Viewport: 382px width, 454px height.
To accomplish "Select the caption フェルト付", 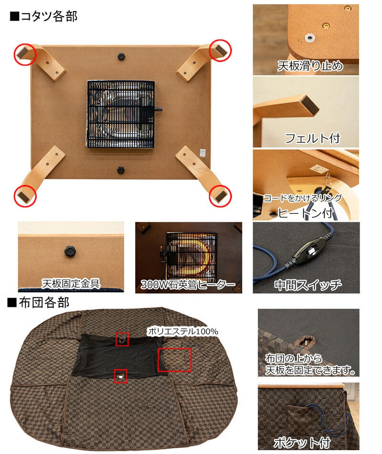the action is pyautogui.click(x=312, y=138).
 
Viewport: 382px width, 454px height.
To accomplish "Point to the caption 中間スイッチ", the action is pyautogui.click(x=308, y=285).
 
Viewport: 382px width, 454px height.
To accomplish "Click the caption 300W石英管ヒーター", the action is pyautogui.click(x=188, y=285).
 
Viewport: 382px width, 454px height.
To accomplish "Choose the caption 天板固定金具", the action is pyautogui.click(x=71, y=283).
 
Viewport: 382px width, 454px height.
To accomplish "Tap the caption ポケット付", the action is pyautogui.click(x=302, y=443).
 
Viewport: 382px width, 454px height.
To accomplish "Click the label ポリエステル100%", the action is pyautogui.click(x=182, y=331).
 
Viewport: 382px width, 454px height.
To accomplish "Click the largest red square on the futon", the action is pyautogui.click(x=174, y=359).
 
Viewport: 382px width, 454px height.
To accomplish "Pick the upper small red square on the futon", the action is pyautogui.click(x=122, y=339).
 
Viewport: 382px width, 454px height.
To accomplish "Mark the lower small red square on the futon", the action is pyautogui.click(x=120, y=376).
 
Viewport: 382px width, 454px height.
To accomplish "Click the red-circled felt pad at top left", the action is pyautogui.click(x=25, y=54).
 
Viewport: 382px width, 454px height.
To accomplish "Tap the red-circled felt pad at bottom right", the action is pyautogui.click(x=220, y=196).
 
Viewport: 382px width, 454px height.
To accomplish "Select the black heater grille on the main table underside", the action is pyautogui.click(x=121, y=114).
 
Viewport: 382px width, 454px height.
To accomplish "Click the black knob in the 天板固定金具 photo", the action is pyautogui.click(x=69, y=251).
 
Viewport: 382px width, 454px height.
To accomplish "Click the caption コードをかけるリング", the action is pyautogui.click(x=303, y=198).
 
